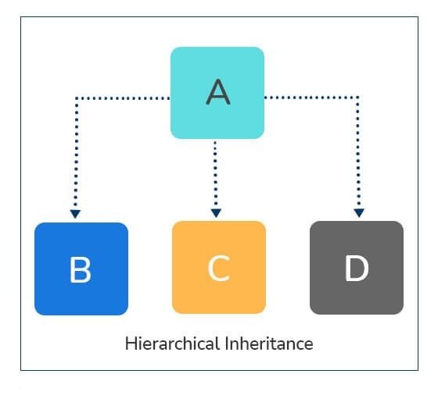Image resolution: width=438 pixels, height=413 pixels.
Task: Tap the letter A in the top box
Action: point(218,92)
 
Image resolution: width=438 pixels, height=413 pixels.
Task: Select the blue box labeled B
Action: point(81,269)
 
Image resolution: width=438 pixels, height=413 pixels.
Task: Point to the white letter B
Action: point(81,270)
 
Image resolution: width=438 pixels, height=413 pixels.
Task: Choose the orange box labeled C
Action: point(219,268)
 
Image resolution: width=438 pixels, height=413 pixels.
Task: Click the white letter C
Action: point(219,269)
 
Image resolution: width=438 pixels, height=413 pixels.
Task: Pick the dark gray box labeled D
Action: point(357,268)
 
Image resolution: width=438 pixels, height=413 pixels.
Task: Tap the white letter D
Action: point(357,269)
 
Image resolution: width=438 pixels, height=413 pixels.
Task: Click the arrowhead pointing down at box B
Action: point(75,212)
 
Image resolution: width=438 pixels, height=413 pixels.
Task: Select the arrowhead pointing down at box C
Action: point(216,212)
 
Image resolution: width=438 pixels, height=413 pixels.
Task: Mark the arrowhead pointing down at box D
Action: point(358,212)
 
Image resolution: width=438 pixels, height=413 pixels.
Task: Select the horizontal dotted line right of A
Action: point(311,98)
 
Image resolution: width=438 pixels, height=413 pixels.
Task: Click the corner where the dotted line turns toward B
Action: point(76,98)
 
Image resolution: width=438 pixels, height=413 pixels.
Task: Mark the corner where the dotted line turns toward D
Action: point(358,98)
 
